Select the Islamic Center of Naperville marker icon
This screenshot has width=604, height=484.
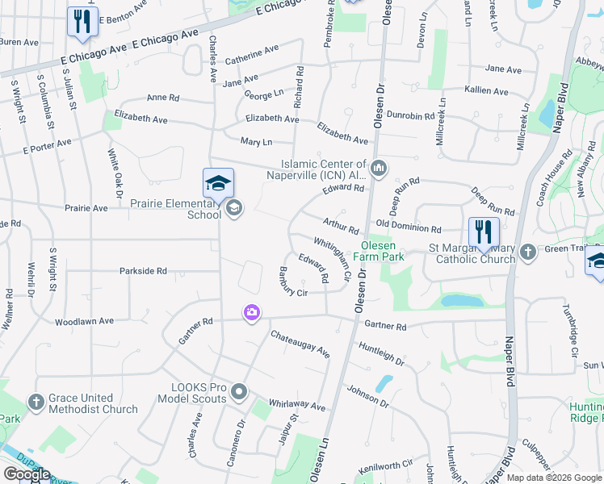point(380,169)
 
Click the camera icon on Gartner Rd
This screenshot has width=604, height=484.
point(252,312)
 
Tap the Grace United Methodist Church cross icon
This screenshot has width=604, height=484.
point(35,401)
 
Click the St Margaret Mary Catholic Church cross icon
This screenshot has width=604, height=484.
point(527,252)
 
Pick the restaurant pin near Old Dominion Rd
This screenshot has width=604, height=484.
point(484,232)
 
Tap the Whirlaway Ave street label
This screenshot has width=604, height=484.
point(296,404)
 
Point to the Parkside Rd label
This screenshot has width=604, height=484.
point(143,271)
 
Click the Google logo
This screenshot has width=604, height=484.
point(26,474)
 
